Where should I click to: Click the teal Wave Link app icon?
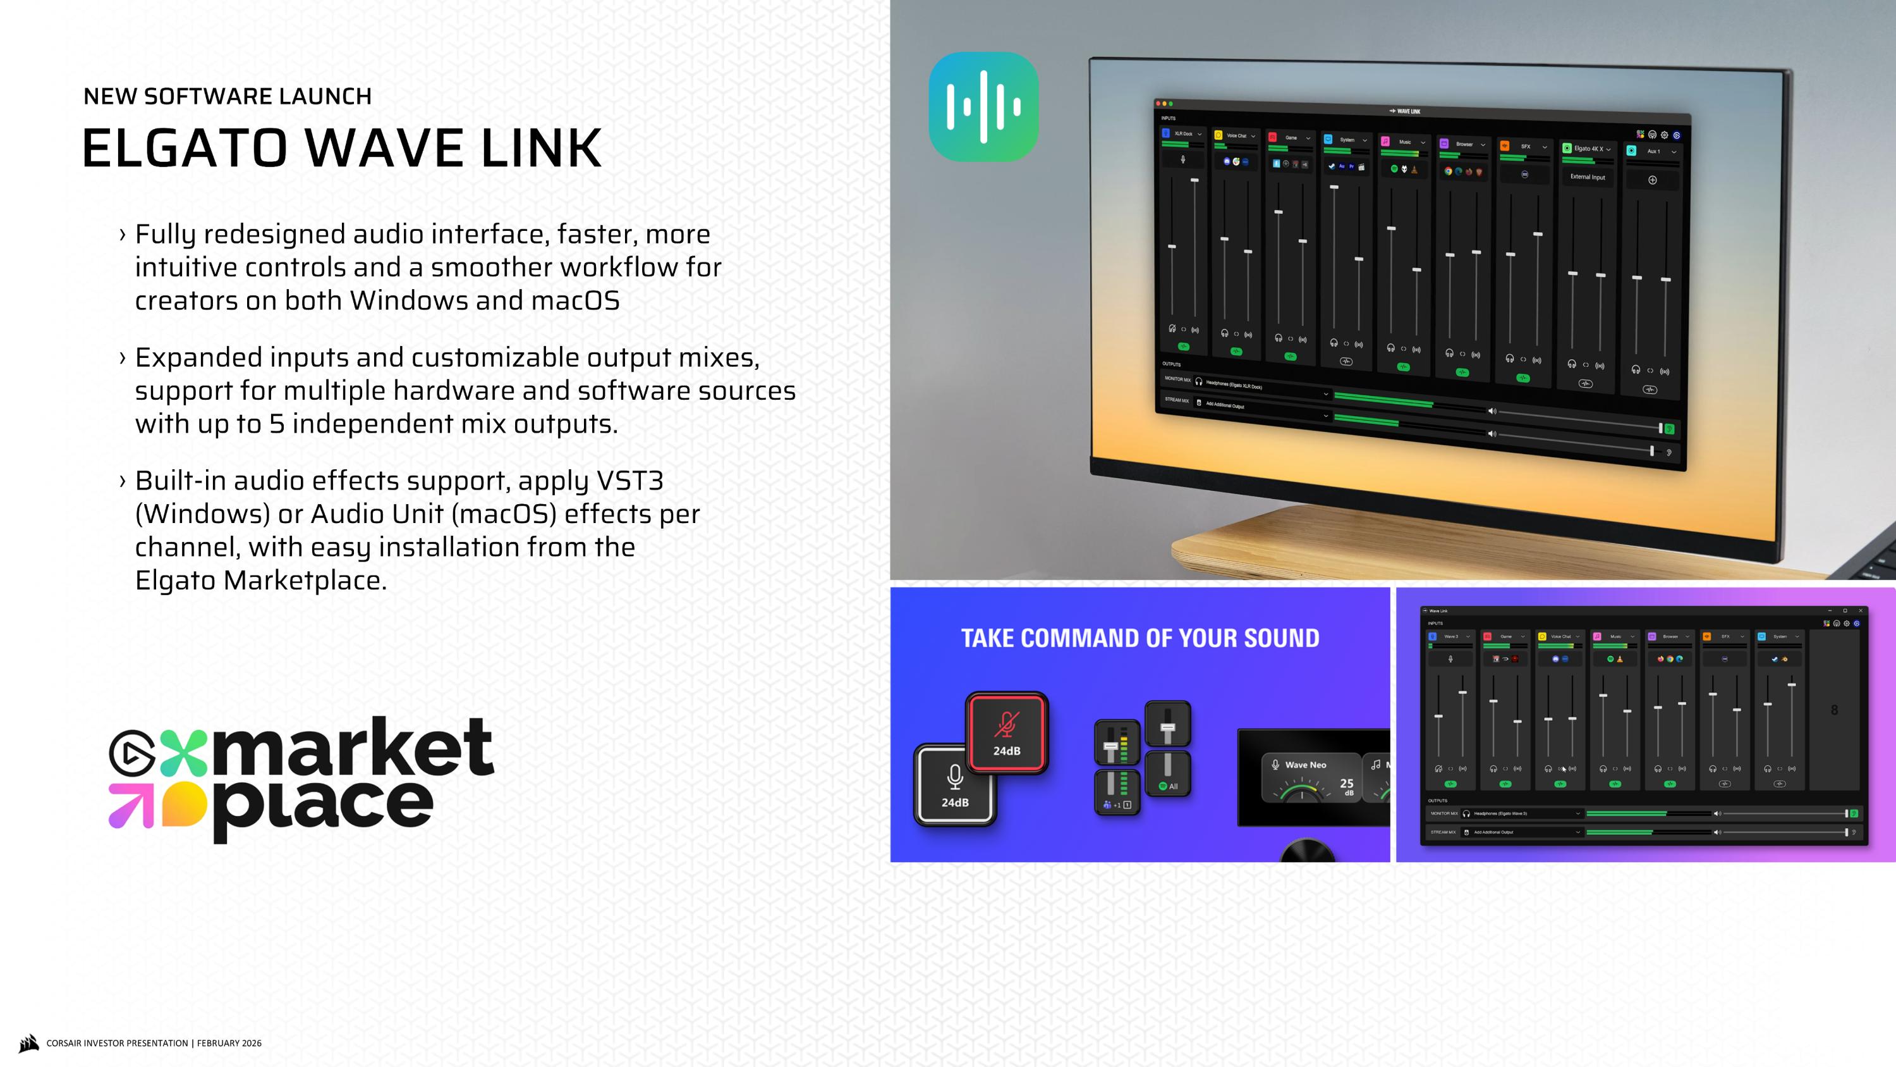(x=983, y=107)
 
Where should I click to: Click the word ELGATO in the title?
(x=184, y=148)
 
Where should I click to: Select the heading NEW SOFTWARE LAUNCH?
(x=228, y=97)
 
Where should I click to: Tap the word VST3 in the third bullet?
(x=630, y=481)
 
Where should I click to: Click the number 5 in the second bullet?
(x=277, y=424)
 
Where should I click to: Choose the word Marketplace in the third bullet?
(x=305, y=580)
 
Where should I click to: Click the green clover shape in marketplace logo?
(x=183, y=753)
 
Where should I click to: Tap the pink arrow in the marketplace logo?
(x=131, y=805)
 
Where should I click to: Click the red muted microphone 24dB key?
(x=1006, y=732)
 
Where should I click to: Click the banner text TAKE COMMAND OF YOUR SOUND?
(x=1140, y=638)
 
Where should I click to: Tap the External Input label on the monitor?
(x=1588, y=176)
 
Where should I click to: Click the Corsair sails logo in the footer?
(x=28, y=1043)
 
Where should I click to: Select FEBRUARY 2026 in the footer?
(x=229, y=1044)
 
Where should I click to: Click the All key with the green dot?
(x=1168, y=775)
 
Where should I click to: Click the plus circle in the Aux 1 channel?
(x=1653, y=180)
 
